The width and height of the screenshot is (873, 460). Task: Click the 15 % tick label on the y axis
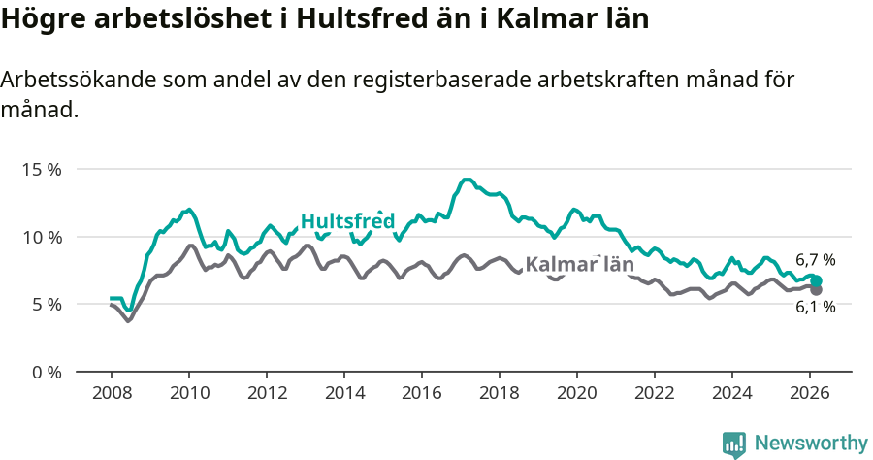[41, 169]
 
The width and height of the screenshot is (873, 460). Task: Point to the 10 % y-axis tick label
[41, 237]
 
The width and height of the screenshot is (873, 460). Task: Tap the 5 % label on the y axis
[45, 304]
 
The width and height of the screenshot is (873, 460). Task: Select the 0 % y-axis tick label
[45, 372]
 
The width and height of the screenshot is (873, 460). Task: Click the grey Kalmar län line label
[579, 264]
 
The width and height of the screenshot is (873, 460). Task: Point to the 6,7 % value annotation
[815, 260]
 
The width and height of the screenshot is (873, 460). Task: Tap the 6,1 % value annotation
[815, 307]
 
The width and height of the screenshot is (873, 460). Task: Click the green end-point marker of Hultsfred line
[816, 280]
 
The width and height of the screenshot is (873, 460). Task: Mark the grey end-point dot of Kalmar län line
[816, 289]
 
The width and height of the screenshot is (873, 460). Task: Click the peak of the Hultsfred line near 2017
[467, 180]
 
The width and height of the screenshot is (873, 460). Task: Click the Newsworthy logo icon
[733, 444]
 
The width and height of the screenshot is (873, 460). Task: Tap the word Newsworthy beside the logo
[810, 444]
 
